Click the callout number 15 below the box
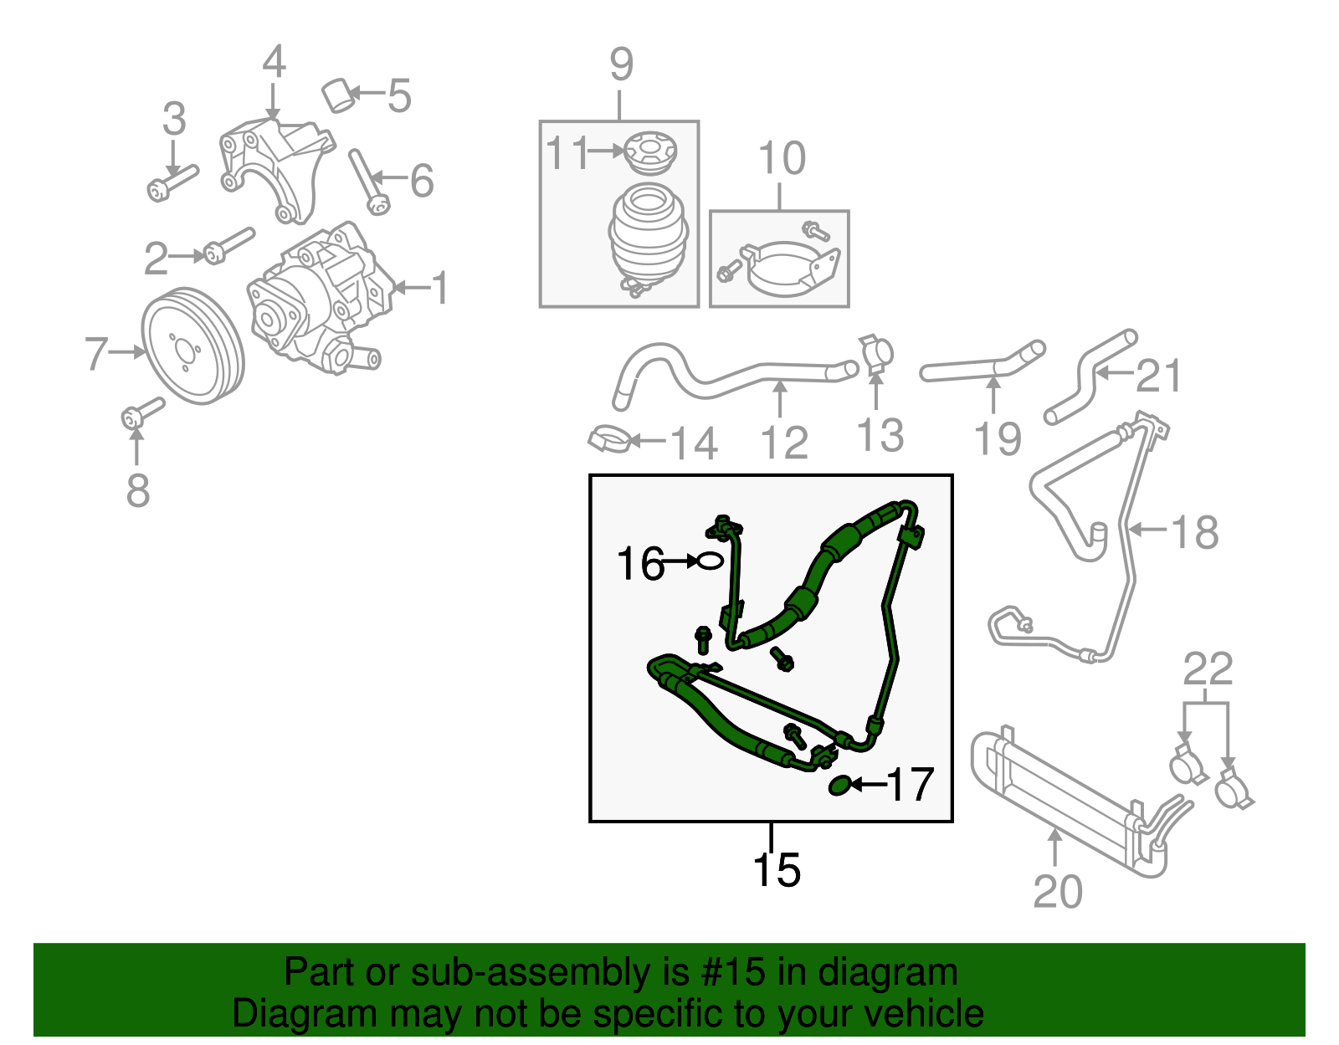[777, 870]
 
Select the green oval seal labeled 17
[839, 785]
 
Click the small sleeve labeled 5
[338, 95]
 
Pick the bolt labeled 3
[172, 182]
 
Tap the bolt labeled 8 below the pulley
[142, 412]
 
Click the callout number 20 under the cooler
[1057, 891]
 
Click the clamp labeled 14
[610, 438]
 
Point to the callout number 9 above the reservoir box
[621, 64]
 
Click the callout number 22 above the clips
[1208, 669]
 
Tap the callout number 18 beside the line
[1194, 532]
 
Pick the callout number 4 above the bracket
[274, 62]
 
